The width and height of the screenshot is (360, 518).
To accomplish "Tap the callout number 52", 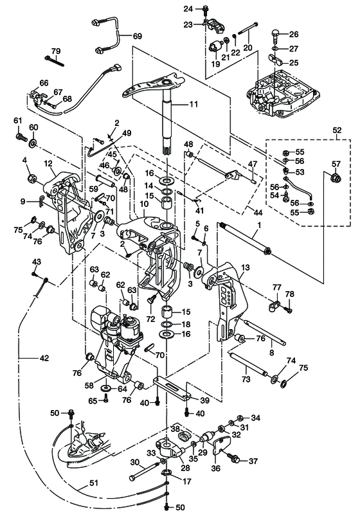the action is point(336,130).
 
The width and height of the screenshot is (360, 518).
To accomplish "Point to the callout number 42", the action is point(44,358).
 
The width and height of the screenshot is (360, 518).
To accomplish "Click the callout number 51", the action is point(94,483).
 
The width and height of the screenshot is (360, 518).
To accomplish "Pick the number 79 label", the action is point(55,51).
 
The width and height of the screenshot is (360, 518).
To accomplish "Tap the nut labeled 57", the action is point(336,177).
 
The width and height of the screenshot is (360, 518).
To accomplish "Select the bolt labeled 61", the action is point(21,136).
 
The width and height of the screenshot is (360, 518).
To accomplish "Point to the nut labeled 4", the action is point(32,179).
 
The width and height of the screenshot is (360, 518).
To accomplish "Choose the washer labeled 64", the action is point(107,388).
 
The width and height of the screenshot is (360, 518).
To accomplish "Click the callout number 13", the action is point(246,267).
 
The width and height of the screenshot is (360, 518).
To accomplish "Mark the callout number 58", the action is point(89,386).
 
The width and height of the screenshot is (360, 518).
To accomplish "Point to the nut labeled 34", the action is point(241,417).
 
